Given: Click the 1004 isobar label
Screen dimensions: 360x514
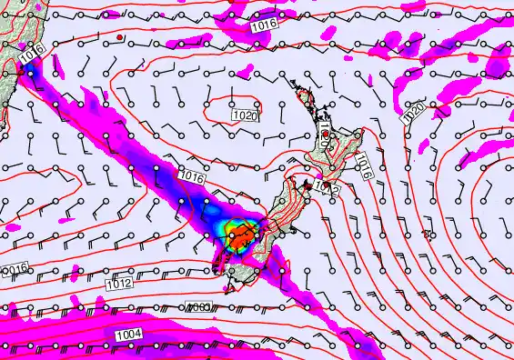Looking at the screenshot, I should pos(129,335).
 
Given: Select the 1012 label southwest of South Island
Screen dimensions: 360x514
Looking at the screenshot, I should pos(119,284).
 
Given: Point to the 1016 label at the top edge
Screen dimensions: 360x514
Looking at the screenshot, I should pos(264,27).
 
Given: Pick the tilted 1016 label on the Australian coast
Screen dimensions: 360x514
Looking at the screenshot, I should pos(30,55).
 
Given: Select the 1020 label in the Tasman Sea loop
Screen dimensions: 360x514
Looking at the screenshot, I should pos(243,116).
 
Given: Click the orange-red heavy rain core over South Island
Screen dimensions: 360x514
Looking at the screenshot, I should pos(243,238).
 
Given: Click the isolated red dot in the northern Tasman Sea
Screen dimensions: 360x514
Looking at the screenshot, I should pos(119,37).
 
